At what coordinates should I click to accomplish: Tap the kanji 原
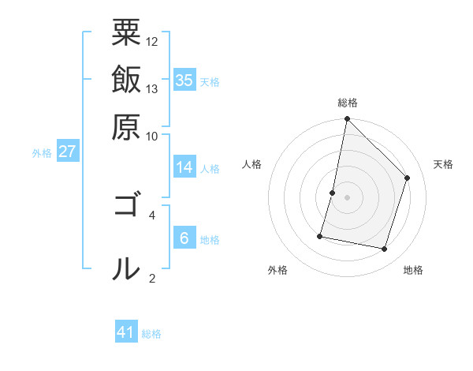tap(126, 126)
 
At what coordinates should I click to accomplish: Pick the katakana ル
tap(126, 269)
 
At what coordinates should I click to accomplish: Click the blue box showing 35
tap(184, 81)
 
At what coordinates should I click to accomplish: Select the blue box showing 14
tap(184, 167)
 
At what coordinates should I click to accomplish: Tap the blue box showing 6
tap(184, 238)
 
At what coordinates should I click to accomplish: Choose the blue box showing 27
tap(67, 152)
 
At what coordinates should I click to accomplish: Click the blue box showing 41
tap(126, 332)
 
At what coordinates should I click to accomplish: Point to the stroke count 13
tap(152, 88)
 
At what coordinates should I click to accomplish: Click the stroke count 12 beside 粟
tap(152, 40)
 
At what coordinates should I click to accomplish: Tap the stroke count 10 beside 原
tap(152, 136)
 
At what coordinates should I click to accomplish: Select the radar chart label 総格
tap(348, 103)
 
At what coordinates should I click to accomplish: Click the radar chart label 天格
tap(444, 164)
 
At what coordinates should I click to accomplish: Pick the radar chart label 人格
tap(252, 164)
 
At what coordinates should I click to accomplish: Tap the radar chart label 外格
tap(277, 270)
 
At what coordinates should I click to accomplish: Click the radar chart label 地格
tap(413, 270)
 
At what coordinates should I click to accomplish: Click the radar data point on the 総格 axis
tap(347, 119)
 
